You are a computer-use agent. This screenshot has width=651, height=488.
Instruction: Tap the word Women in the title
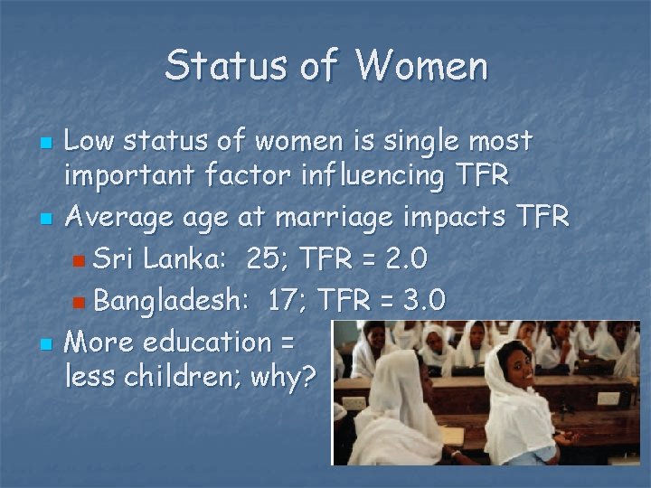421,66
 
